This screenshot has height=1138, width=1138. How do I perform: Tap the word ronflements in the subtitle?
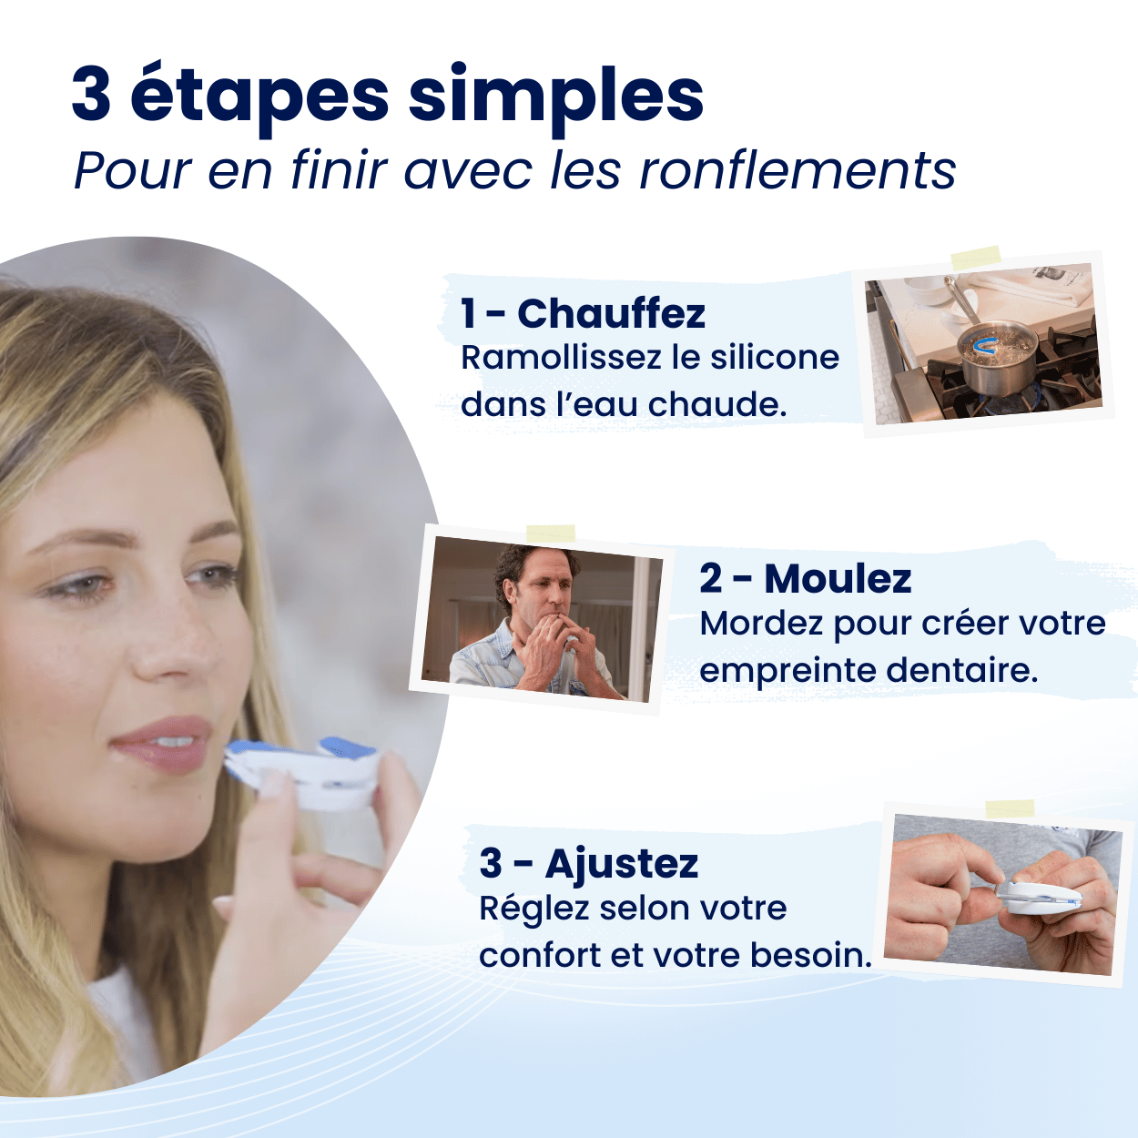tap(798, 171)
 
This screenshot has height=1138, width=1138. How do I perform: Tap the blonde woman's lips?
tap(162, 746)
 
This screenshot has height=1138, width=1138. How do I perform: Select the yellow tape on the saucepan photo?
tap(976, 258)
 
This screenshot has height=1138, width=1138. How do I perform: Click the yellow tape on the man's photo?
tap(551, 533)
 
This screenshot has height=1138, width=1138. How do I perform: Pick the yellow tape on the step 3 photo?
tap(1010, 808)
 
